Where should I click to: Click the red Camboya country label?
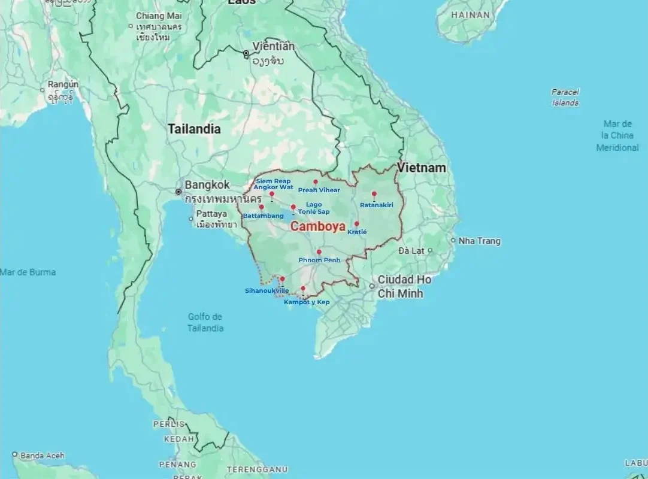coord(317,227)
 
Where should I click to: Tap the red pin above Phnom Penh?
coord(319,252)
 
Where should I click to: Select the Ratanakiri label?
coord(376,205)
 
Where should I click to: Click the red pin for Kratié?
coord(356,224)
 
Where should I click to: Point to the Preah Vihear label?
coord(319,190)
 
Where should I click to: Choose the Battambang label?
coord(264,216)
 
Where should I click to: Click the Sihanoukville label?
coord(267,291)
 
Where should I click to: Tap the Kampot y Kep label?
coord(307,302)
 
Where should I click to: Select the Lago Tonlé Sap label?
coord(314,208)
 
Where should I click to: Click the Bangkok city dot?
coord(178,192)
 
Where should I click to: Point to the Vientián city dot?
coord(246,54)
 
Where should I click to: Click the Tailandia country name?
coord(194,129)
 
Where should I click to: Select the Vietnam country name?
coord(422,168)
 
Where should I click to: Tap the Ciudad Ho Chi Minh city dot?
coord(372,286)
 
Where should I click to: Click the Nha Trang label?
coord(479,241)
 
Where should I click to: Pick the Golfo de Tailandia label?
coord(205,323)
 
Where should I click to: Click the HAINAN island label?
coord(470,15)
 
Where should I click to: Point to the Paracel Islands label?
coord(565,98)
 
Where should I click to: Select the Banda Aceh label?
coord(42,456)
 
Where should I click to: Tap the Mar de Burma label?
coord(28,272)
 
